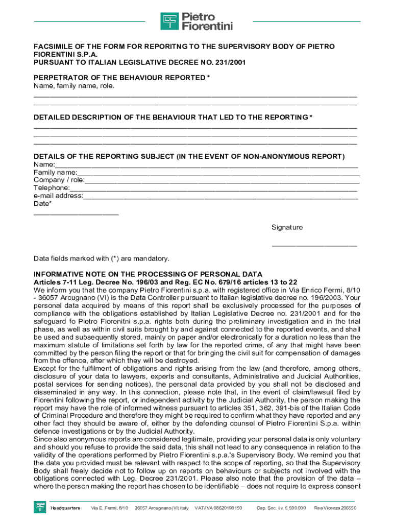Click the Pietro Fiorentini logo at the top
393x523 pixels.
pos(196,21)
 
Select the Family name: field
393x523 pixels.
pos(218,173)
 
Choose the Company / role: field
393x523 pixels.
pos(222,181)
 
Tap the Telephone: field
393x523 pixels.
pos(214,188)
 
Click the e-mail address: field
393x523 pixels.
pos(220,196)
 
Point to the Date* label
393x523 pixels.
pos(42,204)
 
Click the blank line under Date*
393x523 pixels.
pos(76,213)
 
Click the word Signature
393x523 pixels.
pos(287,227)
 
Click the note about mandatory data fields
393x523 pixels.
pos(101,258)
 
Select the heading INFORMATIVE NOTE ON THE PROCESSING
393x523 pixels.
pos(148,274)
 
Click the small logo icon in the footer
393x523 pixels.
pos(40,507)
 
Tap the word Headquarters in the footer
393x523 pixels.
pos(65,508)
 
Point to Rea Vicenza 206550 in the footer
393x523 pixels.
pos(335,508)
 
